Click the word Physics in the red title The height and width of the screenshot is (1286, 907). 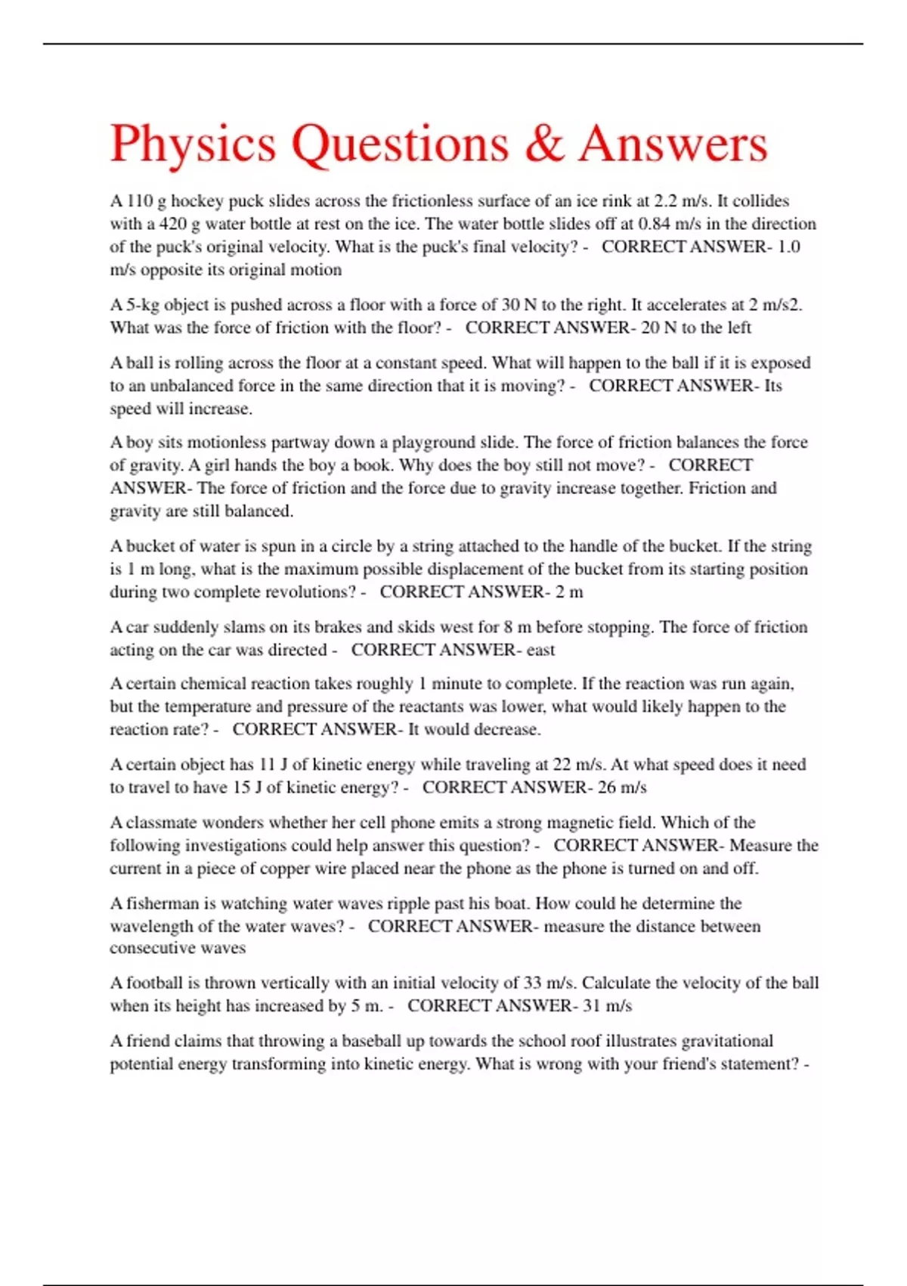193,144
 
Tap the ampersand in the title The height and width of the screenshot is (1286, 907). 543,144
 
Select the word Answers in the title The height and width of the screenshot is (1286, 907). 673,144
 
